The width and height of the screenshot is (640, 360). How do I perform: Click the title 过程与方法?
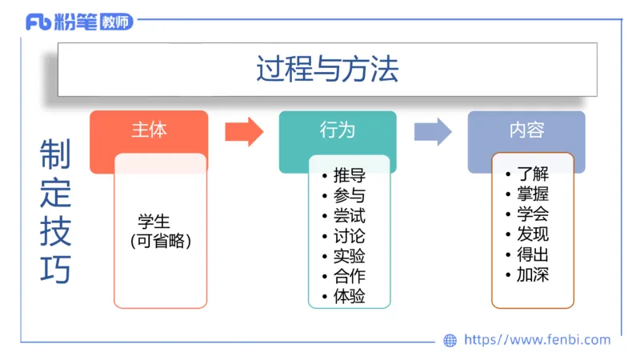tap(327, 69)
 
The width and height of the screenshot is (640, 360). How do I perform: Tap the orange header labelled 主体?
tap(149, 130)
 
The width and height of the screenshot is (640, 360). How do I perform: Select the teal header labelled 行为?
tap(337, 130)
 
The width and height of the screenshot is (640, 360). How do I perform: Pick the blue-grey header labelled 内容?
tap(526, 130)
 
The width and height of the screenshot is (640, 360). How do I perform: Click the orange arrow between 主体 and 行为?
tap(244, 131)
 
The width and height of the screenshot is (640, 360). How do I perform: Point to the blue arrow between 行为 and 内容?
tap(433, 131)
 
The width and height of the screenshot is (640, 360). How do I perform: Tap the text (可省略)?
tap(161, 239)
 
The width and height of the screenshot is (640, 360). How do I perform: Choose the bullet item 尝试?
tap(350, 216)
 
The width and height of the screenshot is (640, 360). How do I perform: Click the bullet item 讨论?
tap(350, 236)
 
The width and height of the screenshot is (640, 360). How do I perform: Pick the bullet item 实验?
tap(350, 256)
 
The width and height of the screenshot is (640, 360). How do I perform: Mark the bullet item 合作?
tap(350, 276)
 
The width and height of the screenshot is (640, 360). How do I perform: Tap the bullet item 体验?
tap(350, 296)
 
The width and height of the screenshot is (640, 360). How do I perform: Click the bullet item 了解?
tap(533, 173)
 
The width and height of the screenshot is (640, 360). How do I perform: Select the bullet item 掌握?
tap(533, 194)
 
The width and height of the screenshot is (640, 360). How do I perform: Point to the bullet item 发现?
tap(533, 234)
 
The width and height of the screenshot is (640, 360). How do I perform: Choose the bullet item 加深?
tap(533, 275)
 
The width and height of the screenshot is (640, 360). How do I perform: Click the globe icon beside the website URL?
tap(450, 340)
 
